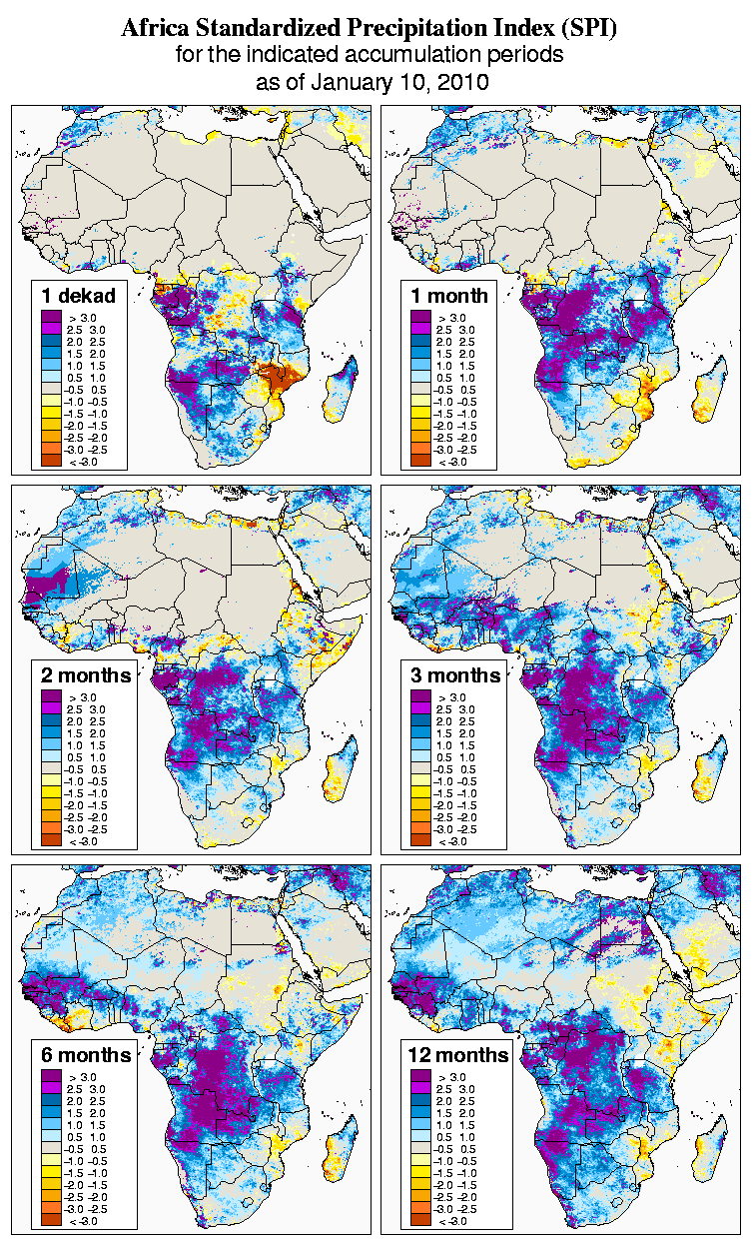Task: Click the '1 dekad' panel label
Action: pos(79,295)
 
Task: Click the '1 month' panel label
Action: pos(449,295)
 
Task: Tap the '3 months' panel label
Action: pos(455,675)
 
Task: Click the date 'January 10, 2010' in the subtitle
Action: pos(404,82)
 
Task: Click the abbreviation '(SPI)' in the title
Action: pos(589,29)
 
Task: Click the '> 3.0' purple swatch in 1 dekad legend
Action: pos(52,317)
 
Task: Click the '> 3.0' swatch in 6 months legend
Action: pos(52,1077)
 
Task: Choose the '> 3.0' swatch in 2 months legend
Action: pos(52,697)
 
